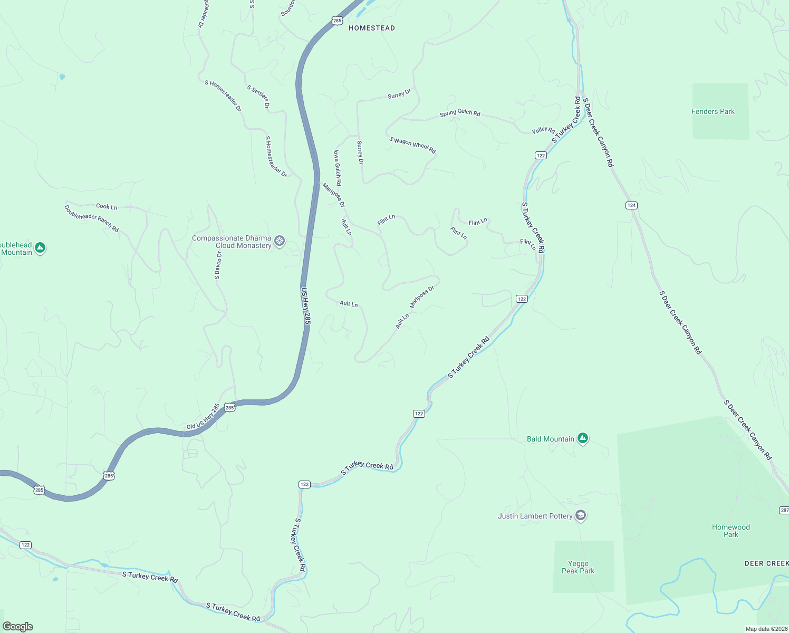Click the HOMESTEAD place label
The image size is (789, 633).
tap(372, 28)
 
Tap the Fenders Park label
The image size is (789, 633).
tap(713, 111)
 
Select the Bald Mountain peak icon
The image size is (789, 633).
tap(583, 438)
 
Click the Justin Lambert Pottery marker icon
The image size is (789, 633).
tap(581, 515)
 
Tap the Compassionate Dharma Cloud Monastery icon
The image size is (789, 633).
tap(280, 242)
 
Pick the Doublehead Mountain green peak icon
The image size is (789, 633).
tap(40, 248)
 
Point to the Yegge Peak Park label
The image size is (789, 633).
tap(578, 567)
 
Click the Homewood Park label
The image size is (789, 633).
tap(730, 531)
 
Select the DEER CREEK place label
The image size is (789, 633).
tap(766, 563)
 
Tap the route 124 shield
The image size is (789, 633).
tap(631, 205)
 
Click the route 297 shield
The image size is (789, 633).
tap(784, 510)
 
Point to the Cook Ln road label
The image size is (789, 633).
tap(107, 206)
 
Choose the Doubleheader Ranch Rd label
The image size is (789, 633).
tap(91, 218)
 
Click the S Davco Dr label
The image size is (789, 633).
tap(218, 265)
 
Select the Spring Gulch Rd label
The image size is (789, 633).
tap(460, 113)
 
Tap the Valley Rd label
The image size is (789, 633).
tap(543, 130)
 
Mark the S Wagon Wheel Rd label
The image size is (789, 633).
tap(412, 145)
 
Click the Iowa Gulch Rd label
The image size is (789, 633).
tap(337, 167)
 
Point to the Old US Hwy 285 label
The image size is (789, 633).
tap(203, 416)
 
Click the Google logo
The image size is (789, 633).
tap(17, 627)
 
